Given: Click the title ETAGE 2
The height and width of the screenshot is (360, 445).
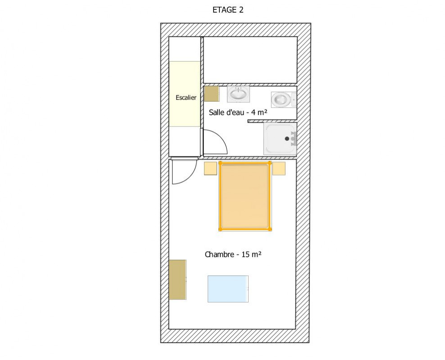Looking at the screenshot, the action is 228,10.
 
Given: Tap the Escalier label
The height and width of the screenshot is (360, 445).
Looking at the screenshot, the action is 186,98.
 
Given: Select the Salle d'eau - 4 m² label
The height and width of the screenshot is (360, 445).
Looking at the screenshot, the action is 238,112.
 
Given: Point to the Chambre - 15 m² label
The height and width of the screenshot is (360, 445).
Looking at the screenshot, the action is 233,254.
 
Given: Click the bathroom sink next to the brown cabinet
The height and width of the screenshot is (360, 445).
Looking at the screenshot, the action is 238,94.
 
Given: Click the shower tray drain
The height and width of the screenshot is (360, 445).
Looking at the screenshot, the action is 287,139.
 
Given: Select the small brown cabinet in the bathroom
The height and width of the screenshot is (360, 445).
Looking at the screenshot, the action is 211,94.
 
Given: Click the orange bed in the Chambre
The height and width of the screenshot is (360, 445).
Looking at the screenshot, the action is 245,196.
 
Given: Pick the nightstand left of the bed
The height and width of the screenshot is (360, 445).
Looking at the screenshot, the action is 211,168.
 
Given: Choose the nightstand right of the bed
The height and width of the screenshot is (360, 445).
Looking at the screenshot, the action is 279,168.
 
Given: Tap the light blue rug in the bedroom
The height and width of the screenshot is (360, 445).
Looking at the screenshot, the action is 228,289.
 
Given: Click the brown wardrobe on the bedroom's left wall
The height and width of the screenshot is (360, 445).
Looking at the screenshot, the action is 177,279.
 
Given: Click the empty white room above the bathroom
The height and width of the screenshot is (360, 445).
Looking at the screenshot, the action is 250,60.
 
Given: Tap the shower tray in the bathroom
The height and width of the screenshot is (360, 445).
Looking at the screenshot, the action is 281,139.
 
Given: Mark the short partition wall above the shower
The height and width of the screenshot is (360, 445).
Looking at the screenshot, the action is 272,121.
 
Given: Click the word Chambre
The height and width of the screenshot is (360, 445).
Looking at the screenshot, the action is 219,254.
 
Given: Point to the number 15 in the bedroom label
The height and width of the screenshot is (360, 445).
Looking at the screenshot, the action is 245,254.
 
